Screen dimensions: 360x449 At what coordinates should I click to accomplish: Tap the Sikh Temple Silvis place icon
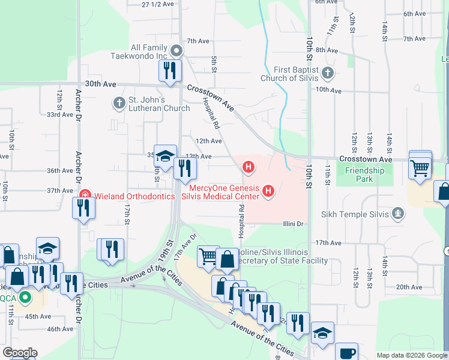point(397,213)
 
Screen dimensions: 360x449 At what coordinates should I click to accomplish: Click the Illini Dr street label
point(295,224)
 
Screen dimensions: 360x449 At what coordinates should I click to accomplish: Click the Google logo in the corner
point(20,353)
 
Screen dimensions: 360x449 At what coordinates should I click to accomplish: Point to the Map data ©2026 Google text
point(412,355)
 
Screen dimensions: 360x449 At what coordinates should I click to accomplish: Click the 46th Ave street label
point(60,329)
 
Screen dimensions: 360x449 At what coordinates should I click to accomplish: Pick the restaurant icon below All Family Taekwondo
point(170,70)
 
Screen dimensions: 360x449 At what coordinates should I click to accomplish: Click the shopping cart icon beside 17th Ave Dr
point(208,256)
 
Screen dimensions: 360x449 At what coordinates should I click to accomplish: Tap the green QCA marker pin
point(25,297)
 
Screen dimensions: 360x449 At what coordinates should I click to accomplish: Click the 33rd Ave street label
point(60,115)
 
